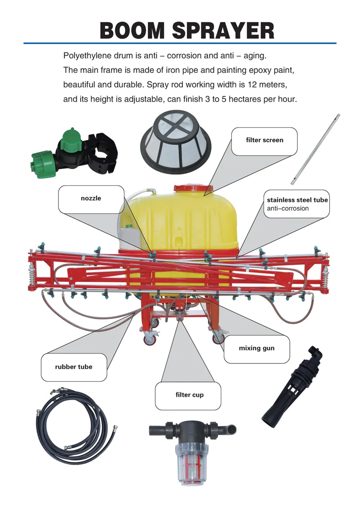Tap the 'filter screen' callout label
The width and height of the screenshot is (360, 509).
pyautogui.click(x=264, y=140)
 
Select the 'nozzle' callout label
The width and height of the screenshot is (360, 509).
pyautogui.click(x=91, y=198)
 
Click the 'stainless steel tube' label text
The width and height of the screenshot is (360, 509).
pyautogui.click(x=297, y=200)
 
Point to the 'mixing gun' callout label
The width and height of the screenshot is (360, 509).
pyautogui.click(x=256, y=348)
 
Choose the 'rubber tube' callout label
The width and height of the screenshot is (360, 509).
pyautogui.click(x=73, y=367)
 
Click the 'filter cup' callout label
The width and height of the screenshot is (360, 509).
pyautogui.click(x=189, y=395)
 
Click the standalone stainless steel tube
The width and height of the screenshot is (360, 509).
pyautogui.click(x=315, y=148)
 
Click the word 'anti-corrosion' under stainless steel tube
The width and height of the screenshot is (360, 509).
pyautogui.click(x=288, y=209)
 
